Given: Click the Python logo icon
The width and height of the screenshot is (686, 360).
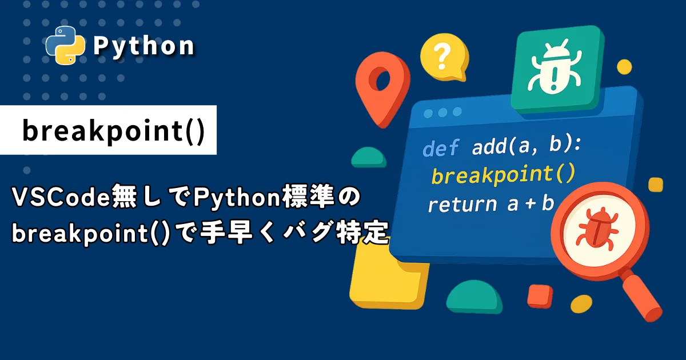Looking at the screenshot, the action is tap(65, 45).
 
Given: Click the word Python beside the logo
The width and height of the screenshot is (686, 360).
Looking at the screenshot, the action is tap(143, 46).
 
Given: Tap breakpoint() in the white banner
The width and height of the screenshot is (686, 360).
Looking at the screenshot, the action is tap(114, 131).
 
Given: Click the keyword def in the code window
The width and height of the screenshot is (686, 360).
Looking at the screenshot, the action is tap(441, 147).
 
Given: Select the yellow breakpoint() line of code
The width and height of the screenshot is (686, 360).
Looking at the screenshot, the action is tap(503, 174).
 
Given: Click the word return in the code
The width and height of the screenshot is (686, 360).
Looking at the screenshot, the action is tap(462, 205).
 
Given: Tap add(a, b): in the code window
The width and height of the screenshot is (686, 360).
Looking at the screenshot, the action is tap(527, 145).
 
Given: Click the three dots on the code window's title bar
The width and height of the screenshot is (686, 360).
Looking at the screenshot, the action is tap(442, 113).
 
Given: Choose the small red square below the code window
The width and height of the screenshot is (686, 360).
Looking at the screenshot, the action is tap(540, 296).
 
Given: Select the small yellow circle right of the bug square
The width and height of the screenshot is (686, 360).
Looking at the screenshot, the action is tap(624, 67).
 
